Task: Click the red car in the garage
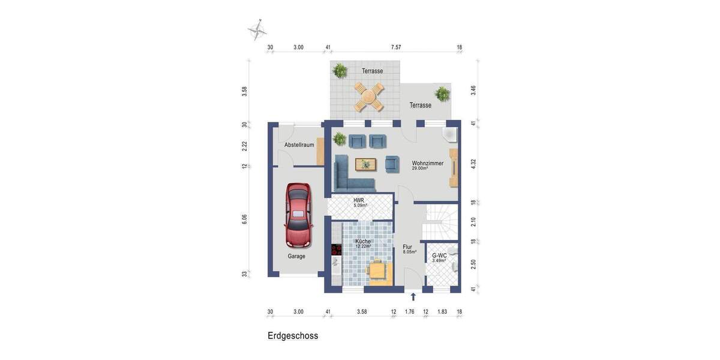click(299, 215)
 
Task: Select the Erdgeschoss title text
click(293, 336)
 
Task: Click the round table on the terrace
click(368, 96)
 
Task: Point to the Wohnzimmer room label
click(427, 163)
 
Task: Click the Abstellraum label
click(299, 145)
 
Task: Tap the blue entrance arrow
click(413, 296)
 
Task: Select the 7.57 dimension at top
click(395, 47)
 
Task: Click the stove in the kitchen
click(336, 249)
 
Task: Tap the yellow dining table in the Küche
click(377, 271)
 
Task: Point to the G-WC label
click(439, 256)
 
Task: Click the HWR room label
click(359, 200)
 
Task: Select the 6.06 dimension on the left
click(245, 219)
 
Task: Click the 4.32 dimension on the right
click(473, 163)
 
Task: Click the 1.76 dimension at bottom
click(410, 312)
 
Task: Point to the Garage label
click(296, 256)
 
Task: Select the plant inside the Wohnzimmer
click(340, 139)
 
